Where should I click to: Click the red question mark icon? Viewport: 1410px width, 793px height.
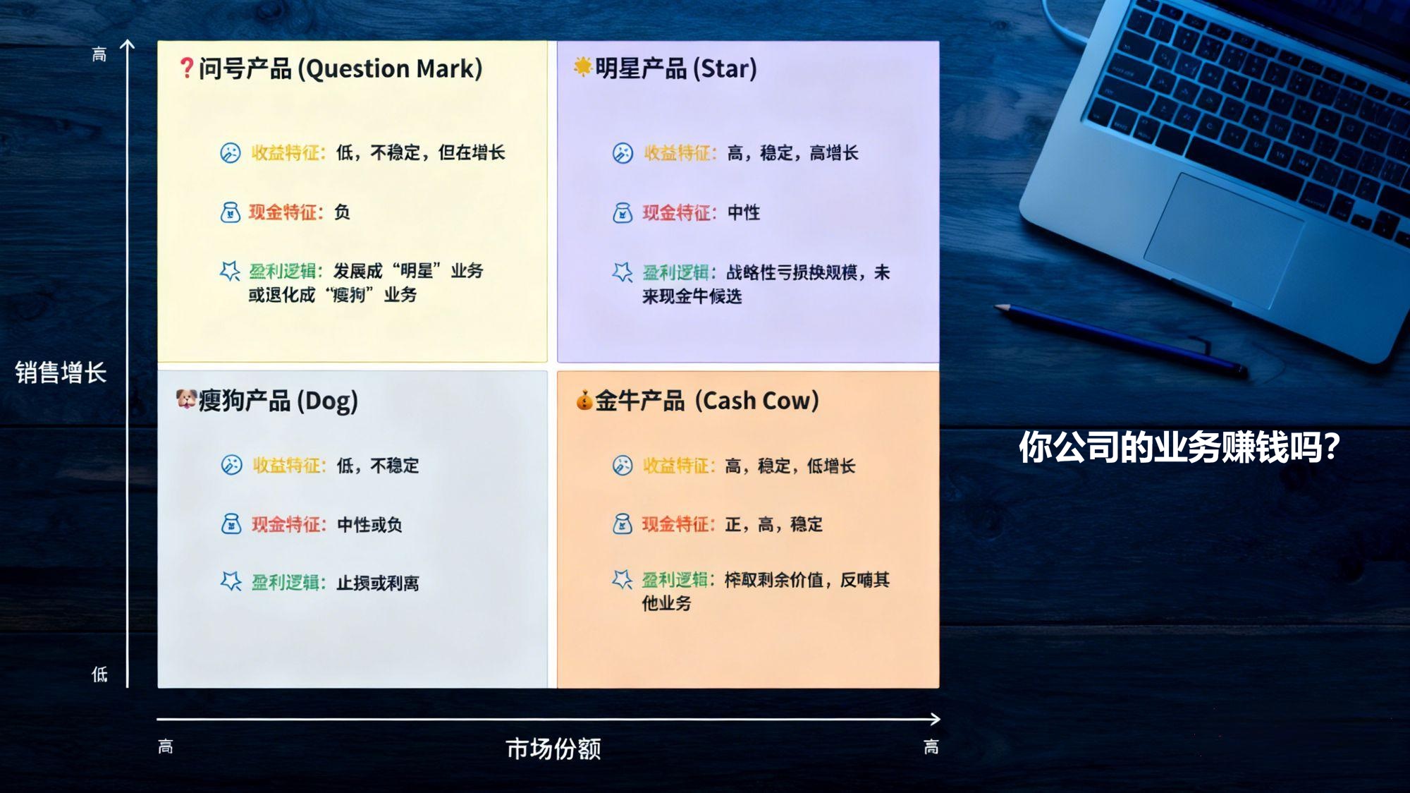[186, 68]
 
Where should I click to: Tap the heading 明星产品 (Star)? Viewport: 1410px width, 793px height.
[675, 68]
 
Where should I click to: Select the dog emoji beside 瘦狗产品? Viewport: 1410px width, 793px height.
[185, 399]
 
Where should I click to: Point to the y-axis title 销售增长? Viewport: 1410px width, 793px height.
[61, 373]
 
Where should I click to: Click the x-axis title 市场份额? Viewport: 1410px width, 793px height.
[553, 749]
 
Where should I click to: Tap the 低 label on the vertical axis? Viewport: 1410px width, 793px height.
[99, 674]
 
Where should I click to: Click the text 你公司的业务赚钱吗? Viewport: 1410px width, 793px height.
[1179, 447]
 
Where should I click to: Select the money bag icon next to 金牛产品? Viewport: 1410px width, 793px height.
[584, 400]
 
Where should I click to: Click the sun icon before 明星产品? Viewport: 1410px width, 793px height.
[582, 67]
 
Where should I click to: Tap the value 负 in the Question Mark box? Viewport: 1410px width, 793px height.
[342, 212]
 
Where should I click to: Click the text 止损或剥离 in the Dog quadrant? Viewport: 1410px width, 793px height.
[378, 583]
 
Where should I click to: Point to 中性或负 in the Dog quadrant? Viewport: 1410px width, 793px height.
[369, 524]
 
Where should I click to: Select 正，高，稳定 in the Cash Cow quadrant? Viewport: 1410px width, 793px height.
[773, 524]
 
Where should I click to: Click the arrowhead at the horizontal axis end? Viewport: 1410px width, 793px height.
[935, 719]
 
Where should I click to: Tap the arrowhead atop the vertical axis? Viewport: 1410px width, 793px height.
[127, 45]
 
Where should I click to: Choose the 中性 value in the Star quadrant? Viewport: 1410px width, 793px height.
[744, 212]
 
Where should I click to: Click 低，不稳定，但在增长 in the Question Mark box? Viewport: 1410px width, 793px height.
[420, 152]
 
